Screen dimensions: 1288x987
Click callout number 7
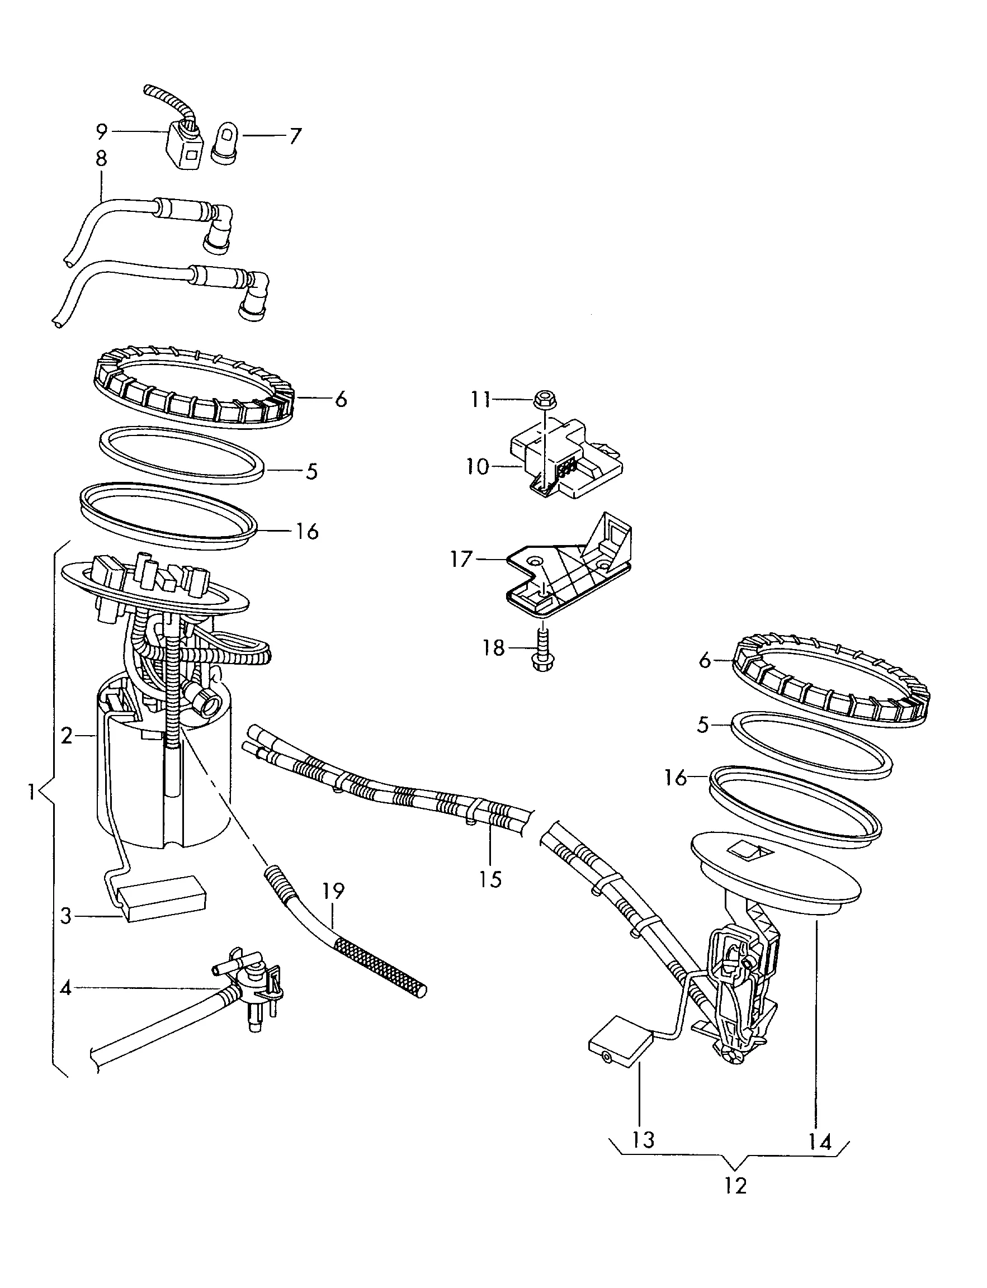click(x=295, y=136)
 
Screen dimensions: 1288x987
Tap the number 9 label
click(x=102, y=132)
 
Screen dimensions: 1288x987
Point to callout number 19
click(x=333, y=891)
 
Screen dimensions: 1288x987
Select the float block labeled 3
click(x=163, y=905)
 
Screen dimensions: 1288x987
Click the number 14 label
click(x=819, y=1141)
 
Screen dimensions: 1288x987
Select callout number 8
click(x=101, y=159)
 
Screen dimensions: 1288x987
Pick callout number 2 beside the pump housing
click(x=67, y=735)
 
